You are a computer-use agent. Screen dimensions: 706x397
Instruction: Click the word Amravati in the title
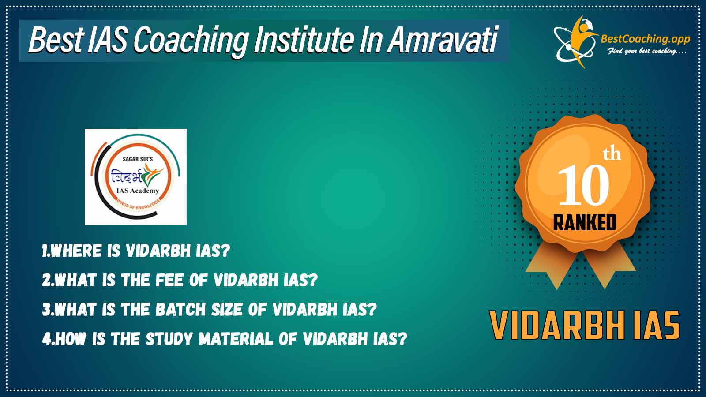pyautogui.click(x=443, y=40)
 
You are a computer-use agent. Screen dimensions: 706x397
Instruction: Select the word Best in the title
pyautogui.click(x=56, y=40)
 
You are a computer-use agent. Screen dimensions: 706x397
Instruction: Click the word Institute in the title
pyautogui.click(x=303, y=40)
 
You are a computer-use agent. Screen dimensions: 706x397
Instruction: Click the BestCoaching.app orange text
pyautogui.click(x=645, y=40)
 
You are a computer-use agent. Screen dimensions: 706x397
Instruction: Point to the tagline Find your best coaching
pyautogui.click(x=647, y=51)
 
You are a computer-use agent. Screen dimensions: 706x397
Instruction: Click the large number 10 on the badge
pyautogui.click(x=583, y=185)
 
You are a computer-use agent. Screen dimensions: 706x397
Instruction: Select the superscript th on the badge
pyautogui.click(x=612, y=154)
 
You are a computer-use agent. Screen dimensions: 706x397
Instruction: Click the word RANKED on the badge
pyautogui.click(x=585, y=222)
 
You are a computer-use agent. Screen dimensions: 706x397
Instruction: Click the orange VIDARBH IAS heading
pyautogui.click(x=585, y=325)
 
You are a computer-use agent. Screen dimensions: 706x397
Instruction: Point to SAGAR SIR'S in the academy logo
pyautogui.click(x=138, y=159)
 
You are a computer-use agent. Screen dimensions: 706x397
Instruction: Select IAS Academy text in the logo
pyautogui.click(x=137, y=191)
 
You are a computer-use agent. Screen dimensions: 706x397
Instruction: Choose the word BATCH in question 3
pyautogui.click(x=180, y=309)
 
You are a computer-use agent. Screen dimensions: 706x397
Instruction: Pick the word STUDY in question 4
pyautogui.click(x=169, y=339)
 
